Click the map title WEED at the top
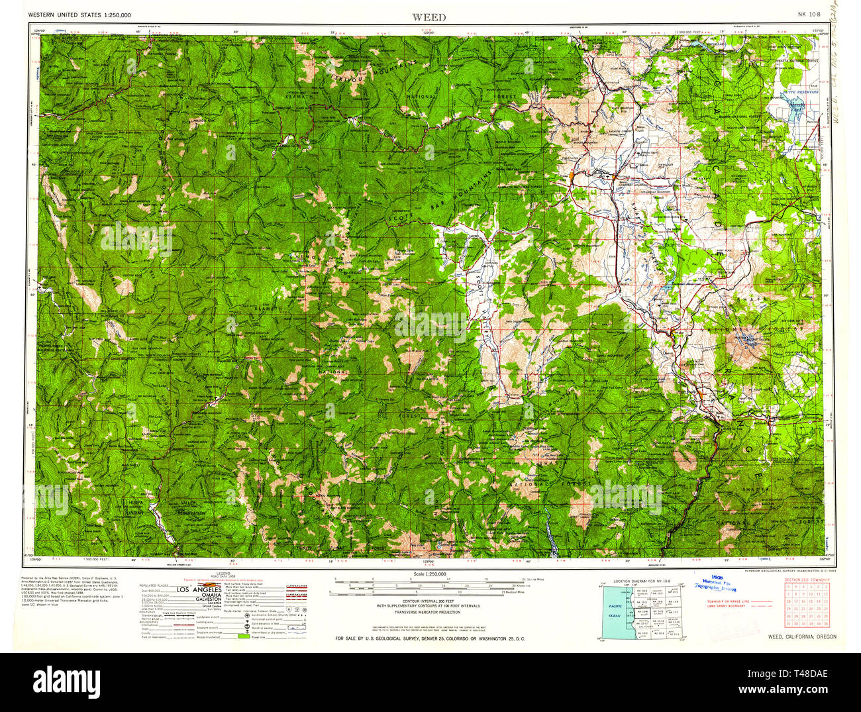[x=429, y=17]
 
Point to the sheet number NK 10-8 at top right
[x=809, y=15]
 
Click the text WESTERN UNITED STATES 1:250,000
[x=79, y=15]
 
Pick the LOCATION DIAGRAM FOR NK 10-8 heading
[x=642, y=581]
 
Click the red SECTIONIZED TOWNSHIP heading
[x=807, y=580]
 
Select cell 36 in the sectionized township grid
[x=825, y=623]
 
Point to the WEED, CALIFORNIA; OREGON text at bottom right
[x=802, y=636]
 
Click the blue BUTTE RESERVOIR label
[x=801, y=92]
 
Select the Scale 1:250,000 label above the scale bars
[x=429, y=574]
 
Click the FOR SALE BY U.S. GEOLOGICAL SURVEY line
[x=429, y=638]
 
